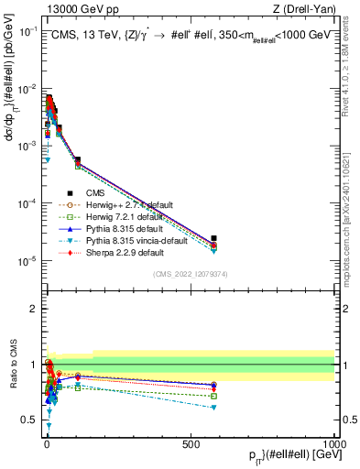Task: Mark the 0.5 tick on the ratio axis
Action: (30, 420)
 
